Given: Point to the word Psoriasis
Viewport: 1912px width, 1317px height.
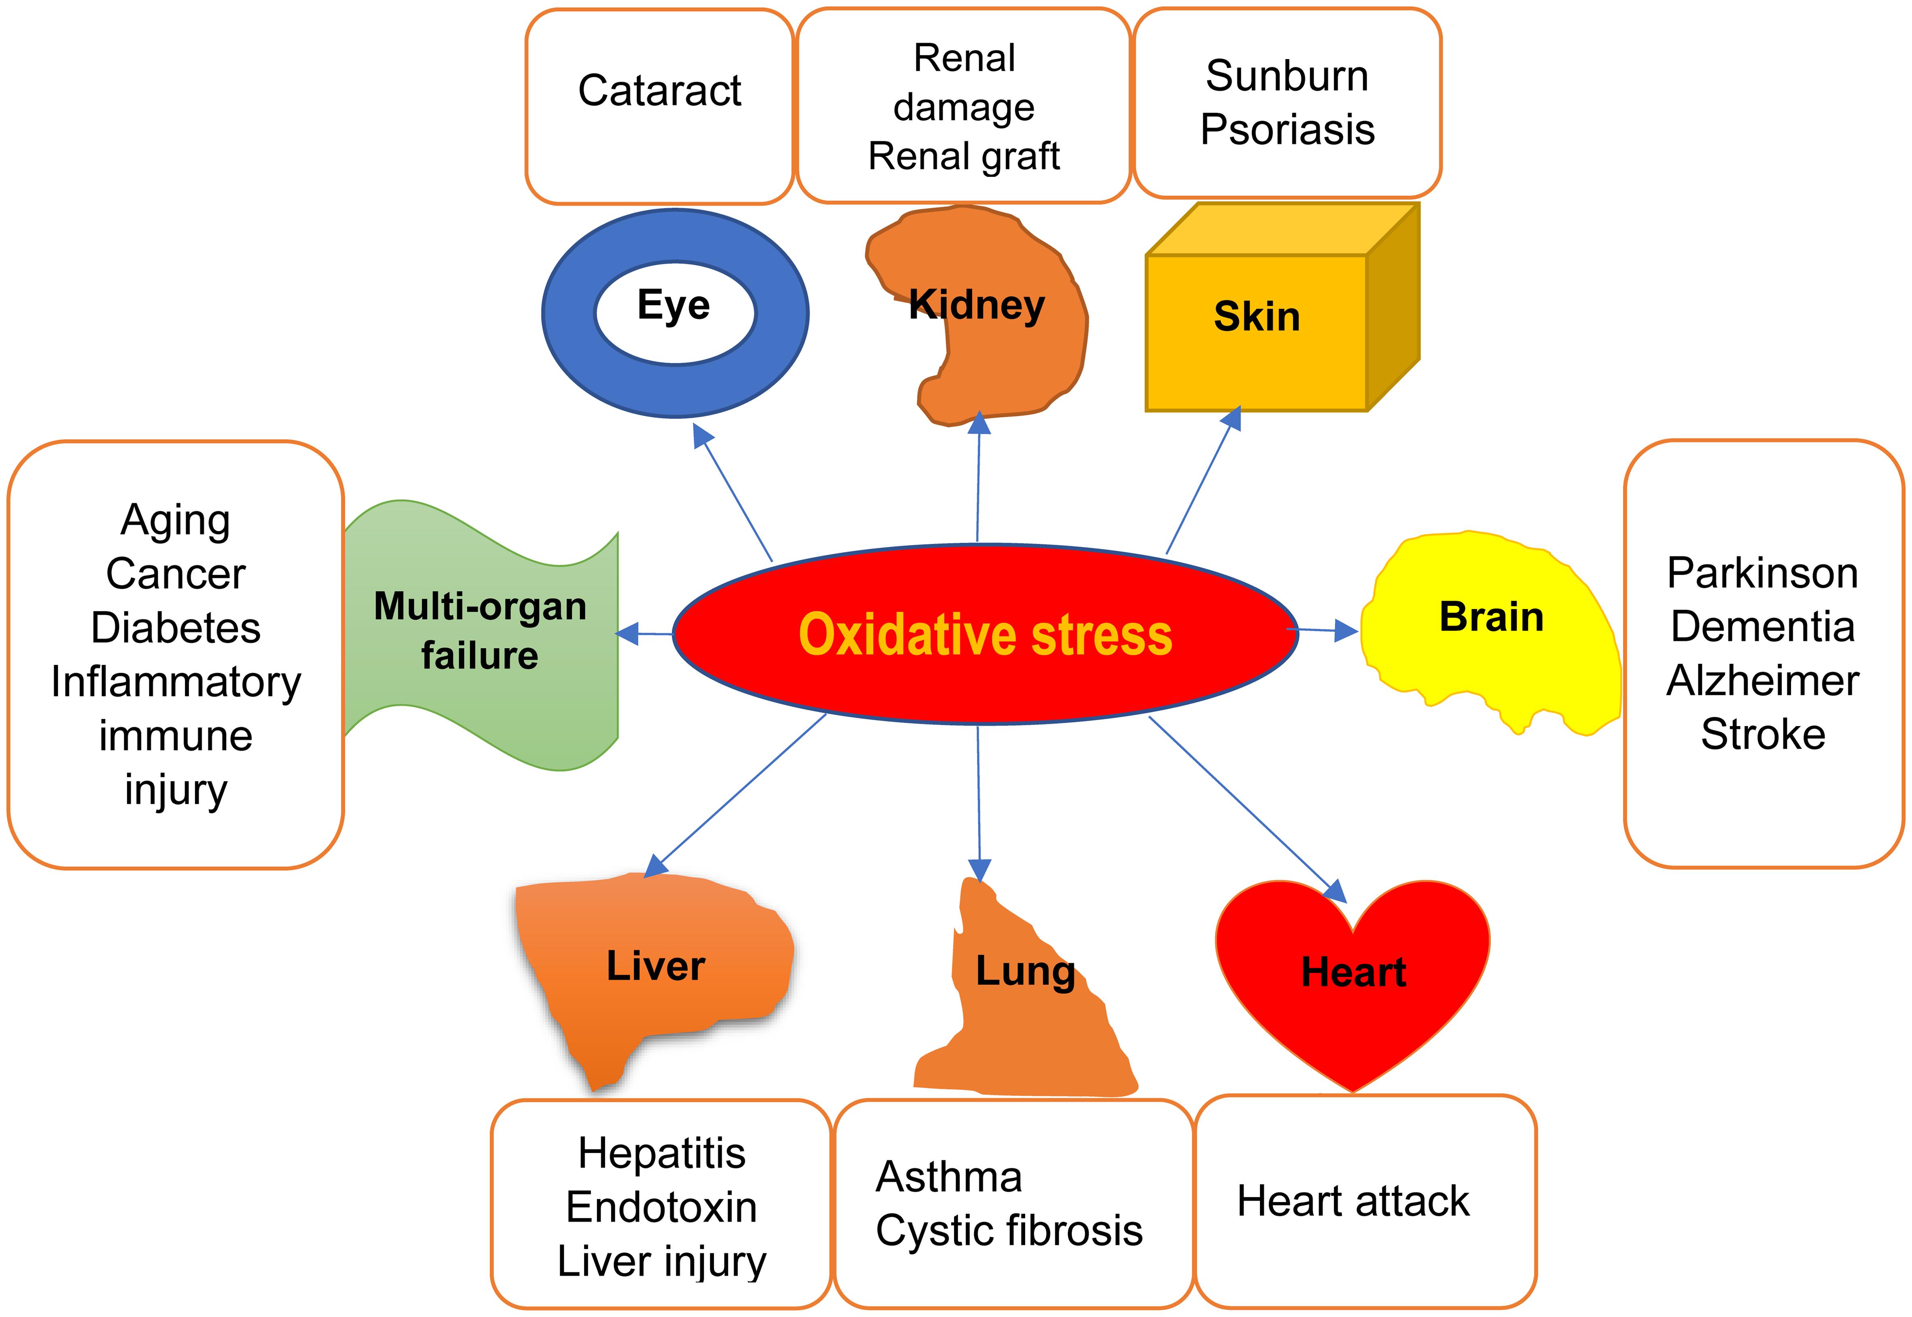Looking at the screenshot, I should coord(1287,130).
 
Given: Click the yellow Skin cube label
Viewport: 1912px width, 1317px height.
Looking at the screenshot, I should coord(1257,317).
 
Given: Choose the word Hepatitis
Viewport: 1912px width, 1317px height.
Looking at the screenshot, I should coord(662,1153).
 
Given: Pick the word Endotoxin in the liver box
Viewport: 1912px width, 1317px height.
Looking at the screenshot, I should coord(662,1207).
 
